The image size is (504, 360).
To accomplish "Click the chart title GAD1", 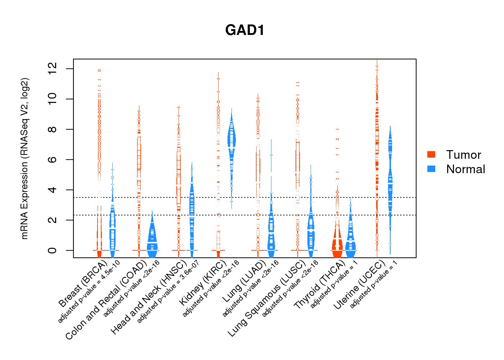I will coord(245,30).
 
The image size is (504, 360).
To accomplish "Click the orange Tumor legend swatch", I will coord(431,154).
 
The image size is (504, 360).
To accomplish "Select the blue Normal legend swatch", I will coord(431,169).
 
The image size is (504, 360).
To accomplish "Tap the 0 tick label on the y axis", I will coord(53,250).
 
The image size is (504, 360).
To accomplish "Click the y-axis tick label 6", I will coord(53,159).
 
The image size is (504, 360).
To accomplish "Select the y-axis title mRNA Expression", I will coord(24,158).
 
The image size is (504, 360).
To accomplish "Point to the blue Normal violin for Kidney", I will coord(231,140).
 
